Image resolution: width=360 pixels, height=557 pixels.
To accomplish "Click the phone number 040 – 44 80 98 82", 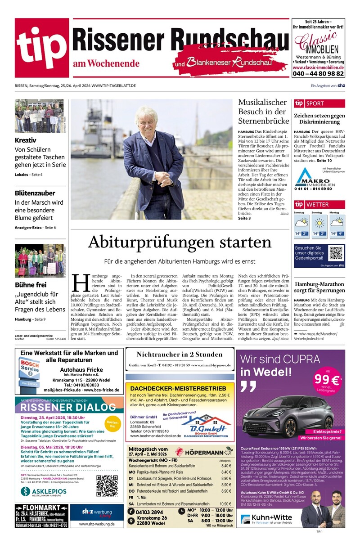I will (x=318, y=73).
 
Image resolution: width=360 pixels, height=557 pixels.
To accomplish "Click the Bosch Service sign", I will (x=29, y=368).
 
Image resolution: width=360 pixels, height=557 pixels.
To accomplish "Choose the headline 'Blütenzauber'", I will (x=35, y=193).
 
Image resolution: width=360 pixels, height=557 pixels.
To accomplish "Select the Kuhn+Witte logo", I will (x=268, y=519).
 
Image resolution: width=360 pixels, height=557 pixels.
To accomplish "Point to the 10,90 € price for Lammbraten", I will (x=225, y=504).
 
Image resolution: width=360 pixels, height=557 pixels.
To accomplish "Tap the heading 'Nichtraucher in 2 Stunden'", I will (x=180, y=355).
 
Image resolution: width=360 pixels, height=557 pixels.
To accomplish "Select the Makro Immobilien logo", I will (x=314, y=179).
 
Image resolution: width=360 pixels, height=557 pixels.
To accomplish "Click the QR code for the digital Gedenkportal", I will (x=336, y=253).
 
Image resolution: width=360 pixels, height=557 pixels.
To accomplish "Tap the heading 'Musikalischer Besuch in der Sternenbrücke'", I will (x=262, y=112).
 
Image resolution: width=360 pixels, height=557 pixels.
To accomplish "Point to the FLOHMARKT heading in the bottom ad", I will (x=35, y=508).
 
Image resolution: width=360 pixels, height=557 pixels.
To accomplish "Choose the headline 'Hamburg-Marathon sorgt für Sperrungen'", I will (x=319, y=287).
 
